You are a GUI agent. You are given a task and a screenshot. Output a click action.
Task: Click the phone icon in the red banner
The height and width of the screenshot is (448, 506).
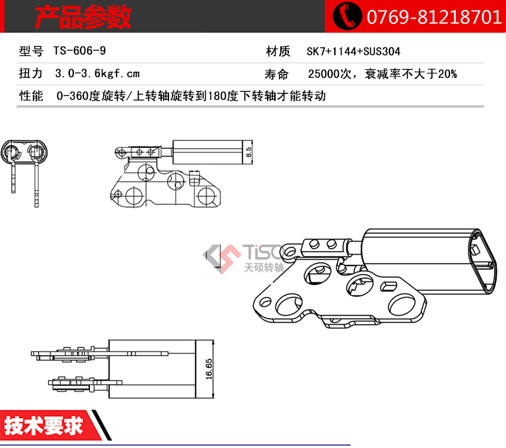coord(347,15)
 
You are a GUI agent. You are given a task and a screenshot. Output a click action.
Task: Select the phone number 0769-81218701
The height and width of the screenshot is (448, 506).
coord(433,17)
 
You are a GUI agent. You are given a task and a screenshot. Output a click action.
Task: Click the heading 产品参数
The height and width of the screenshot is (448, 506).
coord(83,17)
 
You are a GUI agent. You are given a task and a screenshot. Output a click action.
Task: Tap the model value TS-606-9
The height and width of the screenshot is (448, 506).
coord(80,51)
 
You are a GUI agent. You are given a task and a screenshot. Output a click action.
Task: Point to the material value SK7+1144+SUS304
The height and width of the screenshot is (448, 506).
coord(354,51)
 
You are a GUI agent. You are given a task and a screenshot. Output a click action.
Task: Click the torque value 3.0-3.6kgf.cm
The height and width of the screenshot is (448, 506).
coord(97,73)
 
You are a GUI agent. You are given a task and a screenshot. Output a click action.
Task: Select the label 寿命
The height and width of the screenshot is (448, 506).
coord(276,74)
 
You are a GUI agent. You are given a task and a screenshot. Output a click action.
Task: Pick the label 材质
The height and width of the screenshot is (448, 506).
coord(278,51)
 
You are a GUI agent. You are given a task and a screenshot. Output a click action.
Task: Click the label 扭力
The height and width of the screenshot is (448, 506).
coord(31,73)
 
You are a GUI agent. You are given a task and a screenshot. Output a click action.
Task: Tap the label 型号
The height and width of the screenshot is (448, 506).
coord(31,51)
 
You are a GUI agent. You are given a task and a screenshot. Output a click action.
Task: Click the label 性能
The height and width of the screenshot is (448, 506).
coord(31,96)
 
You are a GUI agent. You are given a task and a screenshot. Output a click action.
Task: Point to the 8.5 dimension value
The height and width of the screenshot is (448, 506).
coord(248,152)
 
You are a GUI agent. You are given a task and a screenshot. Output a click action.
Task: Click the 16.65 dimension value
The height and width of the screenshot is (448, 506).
coord(209,369)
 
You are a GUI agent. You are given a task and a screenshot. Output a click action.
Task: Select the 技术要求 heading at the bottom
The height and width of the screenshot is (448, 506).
coord(43,425)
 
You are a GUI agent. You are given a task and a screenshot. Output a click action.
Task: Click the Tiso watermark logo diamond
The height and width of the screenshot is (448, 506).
coord(222,259)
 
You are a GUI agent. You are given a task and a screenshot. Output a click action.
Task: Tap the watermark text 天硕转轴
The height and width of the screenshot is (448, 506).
coord(264,268)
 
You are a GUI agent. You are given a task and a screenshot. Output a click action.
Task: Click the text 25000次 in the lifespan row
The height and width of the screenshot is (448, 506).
coord(330,74)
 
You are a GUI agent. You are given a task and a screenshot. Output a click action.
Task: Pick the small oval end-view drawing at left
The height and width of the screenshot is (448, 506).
coord(24,152)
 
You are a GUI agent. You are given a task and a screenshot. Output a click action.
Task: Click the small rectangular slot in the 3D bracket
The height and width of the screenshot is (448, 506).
coord(388,286)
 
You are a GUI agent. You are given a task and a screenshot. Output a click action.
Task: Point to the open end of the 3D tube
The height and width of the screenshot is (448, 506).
coord(481,262)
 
